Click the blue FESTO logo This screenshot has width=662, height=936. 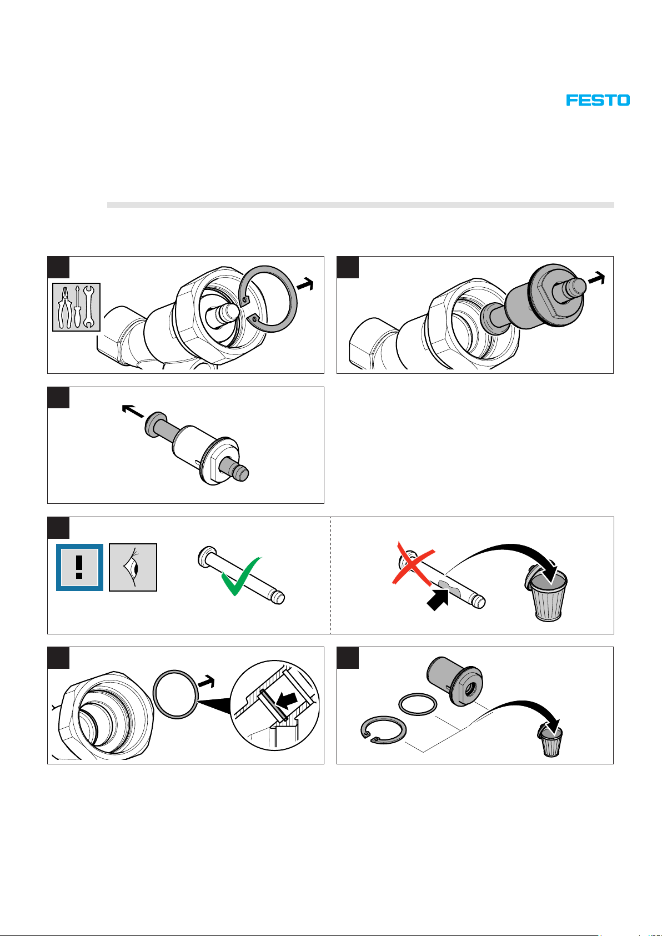coord(598,101)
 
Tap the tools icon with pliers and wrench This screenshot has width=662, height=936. coord(77,307)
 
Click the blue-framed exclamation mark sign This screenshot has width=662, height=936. coord(79,567)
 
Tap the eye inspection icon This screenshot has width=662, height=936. coord(133,567)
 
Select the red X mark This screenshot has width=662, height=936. coord(413,564)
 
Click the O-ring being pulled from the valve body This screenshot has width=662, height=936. coord(175,694)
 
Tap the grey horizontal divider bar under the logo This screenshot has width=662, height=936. coord(360,205)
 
